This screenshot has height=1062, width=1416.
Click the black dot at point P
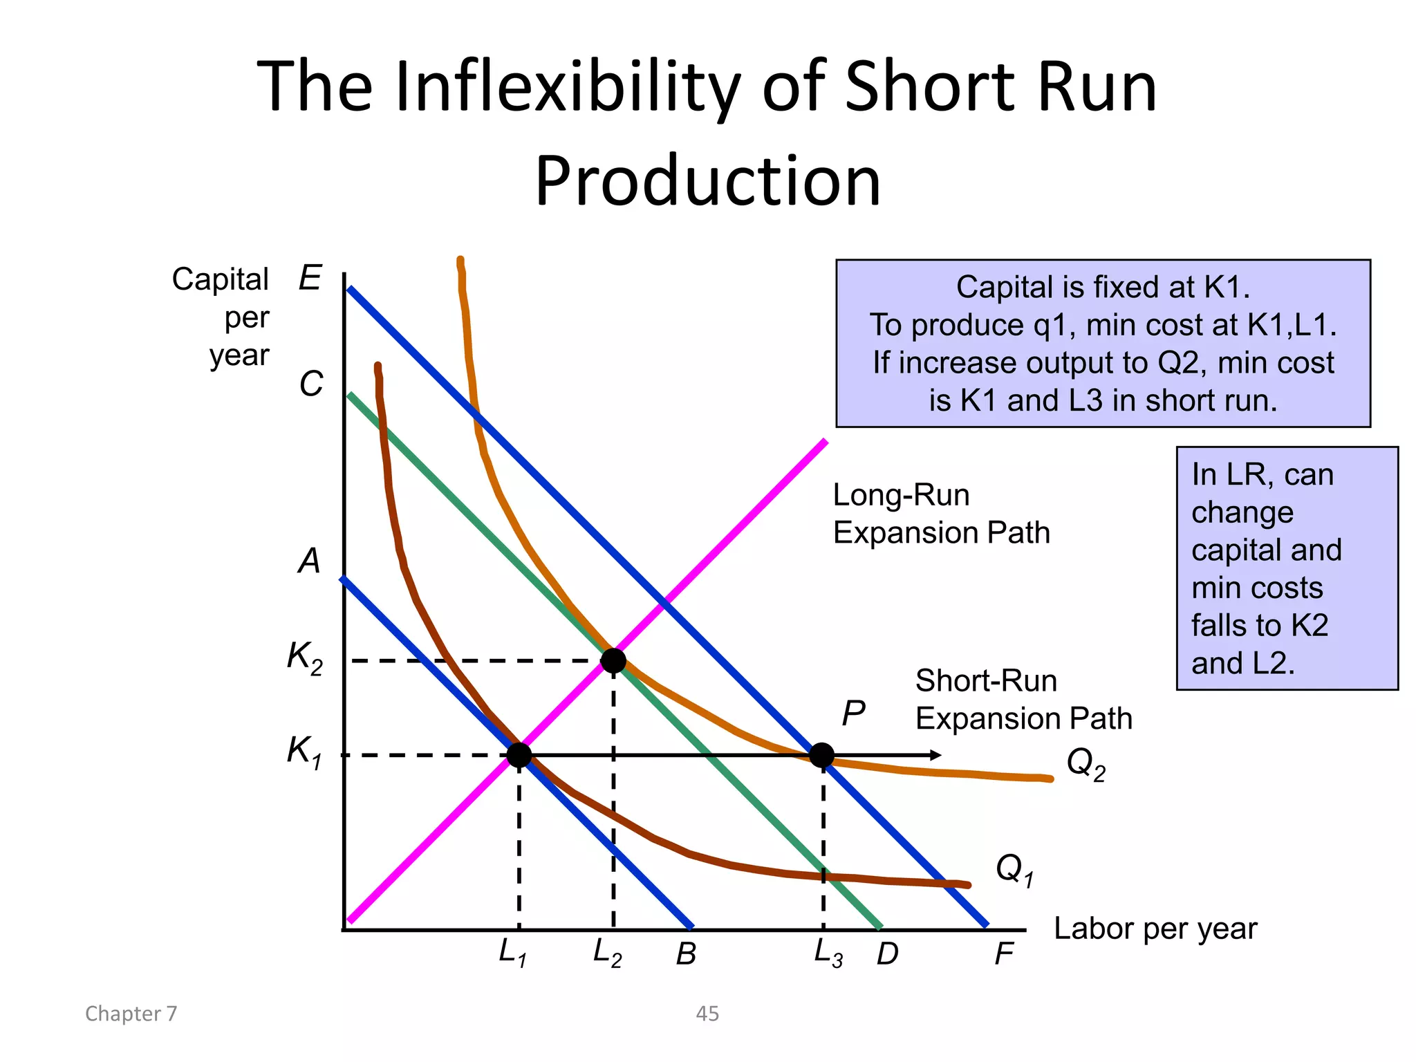[821, 755]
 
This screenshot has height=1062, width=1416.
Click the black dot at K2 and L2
[613, 661]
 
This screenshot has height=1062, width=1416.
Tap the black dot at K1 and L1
[519, 755]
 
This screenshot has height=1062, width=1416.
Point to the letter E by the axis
[310, 279]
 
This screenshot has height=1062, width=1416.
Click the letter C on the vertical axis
[311, 384]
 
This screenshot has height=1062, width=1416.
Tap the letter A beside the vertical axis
[310, 561]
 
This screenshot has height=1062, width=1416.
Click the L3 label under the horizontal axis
[828, 953]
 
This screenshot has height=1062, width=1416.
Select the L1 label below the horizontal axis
[513, 953]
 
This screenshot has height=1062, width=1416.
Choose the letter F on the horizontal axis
[1004, 955]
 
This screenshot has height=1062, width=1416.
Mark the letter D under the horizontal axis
[887, 955]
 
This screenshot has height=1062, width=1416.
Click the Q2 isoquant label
[1086, 764]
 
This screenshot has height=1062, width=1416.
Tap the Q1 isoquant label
[1014, 869]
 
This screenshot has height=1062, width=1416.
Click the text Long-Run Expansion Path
[941, 514]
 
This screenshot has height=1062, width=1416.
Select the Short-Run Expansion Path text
[1023, 700]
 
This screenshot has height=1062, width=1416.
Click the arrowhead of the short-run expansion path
[936, 755]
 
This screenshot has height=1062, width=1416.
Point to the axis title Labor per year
[1155, 929]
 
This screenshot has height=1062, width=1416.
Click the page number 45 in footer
[707, 1014]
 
